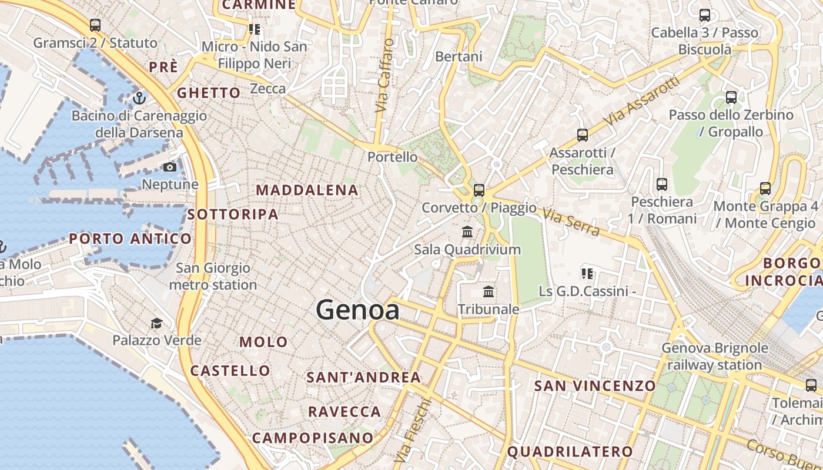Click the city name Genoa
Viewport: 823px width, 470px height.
click(358, 310)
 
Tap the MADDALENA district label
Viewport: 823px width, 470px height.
click(307, 190)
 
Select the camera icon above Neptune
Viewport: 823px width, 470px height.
click(170, 167)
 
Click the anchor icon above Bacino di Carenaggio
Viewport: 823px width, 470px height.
click(139, 98)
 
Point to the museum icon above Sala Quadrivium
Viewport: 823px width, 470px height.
click(467, 232)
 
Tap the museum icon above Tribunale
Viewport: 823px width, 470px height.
click(488, 292)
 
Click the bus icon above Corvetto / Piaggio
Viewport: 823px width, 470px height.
click(479, 190)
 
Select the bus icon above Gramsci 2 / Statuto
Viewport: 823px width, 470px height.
click(95, 25)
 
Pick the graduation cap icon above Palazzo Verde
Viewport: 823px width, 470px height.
click(156, 323)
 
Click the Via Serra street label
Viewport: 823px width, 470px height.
click(571, 222)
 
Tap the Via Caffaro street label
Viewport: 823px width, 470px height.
click(383, 76)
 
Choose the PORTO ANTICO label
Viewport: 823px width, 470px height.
click(130, 239)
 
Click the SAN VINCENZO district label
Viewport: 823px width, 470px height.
click(595, 385)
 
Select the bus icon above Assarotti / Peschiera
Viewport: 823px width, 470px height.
click(583, 135)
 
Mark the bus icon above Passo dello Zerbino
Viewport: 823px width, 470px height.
click(731, 98)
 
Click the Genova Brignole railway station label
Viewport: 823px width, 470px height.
click(715, 356)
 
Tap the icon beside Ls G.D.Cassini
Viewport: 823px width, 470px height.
click(587, 273)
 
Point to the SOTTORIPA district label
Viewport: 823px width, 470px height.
click(233, 214)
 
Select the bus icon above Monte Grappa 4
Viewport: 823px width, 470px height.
click(765, 189)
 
